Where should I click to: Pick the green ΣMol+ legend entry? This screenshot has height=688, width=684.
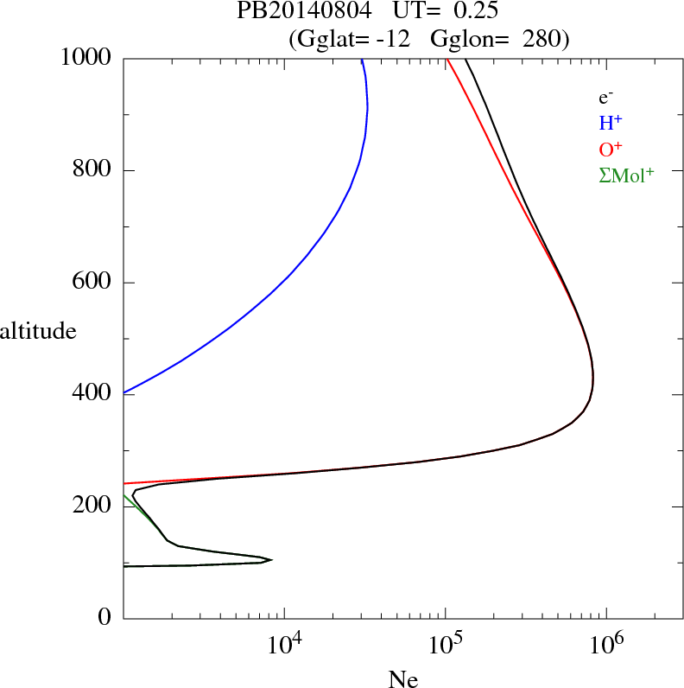(626, 175)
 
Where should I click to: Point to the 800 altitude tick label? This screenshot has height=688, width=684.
(92, 170)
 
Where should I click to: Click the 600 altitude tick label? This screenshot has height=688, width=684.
(92, 283)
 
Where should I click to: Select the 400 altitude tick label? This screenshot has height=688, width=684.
(92, 394)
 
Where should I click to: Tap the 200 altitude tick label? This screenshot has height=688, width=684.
(92, 506)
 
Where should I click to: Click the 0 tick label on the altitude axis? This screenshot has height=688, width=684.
(104, 618)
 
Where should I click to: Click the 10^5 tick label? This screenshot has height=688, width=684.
(446, 644)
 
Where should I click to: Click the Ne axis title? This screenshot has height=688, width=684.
(402, 679)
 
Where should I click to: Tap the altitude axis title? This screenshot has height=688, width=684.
(38, 330)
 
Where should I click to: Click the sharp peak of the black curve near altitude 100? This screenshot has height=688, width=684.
(272, 559)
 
